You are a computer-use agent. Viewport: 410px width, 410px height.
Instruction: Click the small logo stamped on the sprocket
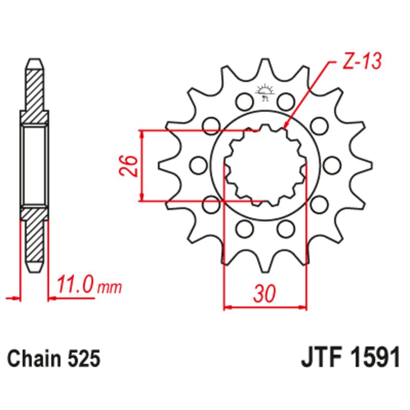(x=265, y=92)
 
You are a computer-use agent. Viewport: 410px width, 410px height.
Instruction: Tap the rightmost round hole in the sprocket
(x=333, y=165)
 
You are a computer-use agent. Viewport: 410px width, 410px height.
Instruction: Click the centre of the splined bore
(x=265, y=165)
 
